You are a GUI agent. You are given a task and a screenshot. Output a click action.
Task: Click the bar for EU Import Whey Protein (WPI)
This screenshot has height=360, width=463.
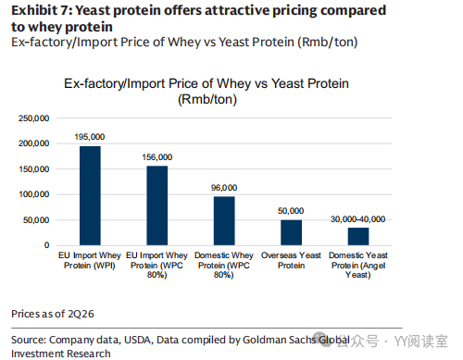coord(90,195)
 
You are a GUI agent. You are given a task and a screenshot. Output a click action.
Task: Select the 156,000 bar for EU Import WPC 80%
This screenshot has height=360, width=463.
coord(157,205)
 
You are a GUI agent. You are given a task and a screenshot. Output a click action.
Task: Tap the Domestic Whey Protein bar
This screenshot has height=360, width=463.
coord(224,221)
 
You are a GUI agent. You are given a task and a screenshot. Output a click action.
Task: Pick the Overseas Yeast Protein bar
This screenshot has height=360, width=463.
coord(291,232)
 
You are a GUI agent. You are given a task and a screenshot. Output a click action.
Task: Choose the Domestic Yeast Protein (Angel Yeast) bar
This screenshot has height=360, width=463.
coord(358,236)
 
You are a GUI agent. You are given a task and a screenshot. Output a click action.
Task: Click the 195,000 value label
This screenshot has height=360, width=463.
coord(90,137)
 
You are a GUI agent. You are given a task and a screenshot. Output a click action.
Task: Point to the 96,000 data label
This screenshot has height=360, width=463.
coord(224,188)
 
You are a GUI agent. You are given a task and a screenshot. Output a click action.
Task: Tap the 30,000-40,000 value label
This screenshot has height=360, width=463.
coord(357,219)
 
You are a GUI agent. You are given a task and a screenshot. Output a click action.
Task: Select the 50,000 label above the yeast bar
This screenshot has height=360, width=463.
coord(291,211)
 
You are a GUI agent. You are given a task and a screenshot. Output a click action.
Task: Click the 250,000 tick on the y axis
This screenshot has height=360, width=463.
coord(33,118)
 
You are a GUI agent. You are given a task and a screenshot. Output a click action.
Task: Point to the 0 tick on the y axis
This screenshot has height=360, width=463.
coord(46,245)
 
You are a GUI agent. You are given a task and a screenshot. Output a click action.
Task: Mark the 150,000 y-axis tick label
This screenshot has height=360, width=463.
coord(33,169)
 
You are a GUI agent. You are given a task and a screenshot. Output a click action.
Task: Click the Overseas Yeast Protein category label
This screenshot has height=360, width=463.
coord(291,260)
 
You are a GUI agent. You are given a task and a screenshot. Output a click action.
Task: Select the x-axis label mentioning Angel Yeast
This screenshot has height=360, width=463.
coord(358,265)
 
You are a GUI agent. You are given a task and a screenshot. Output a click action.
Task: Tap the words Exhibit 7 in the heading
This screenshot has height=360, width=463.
coord(41,10)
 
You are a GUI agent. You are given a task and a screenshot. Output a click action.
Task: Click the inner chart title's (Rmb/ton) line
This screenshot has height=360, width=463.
coord(207,99)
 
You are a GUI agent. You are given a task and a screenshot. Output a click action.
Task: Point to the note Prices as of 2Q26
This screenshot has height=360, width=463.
coord(53,314)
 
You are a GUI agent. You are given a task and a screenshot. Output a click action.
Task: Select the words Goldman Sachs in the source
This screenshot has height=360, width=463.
coord(279,340)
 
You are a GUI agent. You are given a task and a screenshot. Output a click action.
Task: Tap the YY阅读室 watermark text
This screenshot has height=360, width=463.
coord(421,341)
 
